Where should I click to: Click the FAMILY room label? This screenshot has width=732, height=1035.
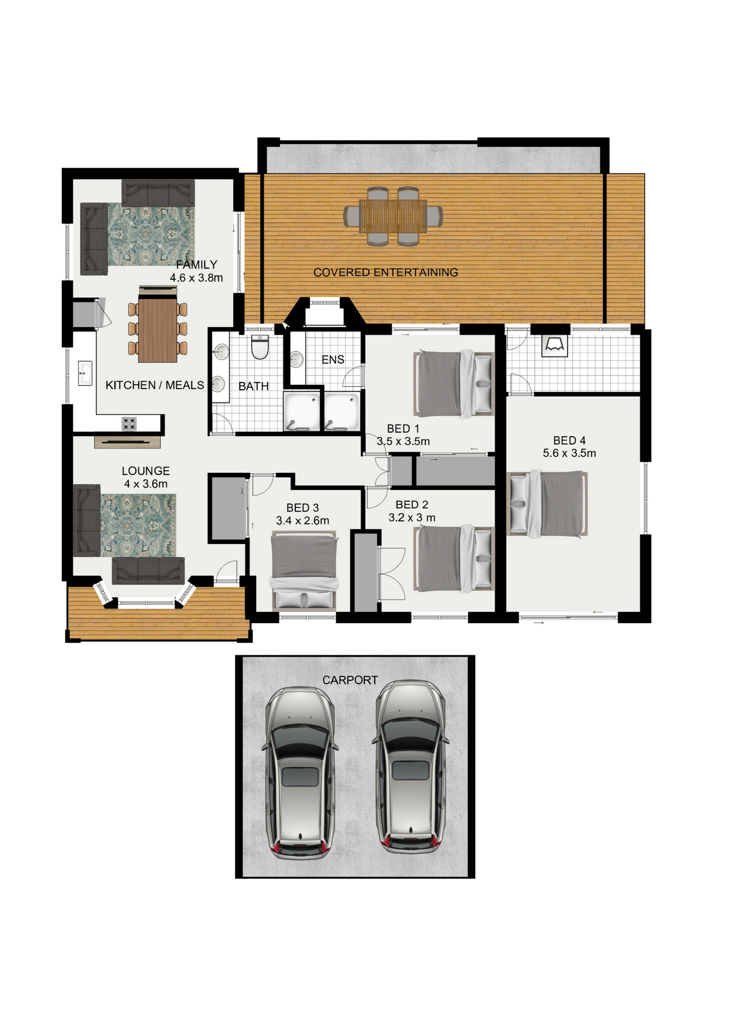tap(197, 265)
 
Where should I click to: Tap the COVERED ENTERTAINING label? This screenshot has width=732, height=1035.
tap(386, 272)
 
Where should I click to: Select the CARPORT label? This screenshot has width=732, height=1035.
tap(350, 680)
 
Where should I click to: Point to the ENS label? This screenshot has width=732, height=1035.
tap(333, 360)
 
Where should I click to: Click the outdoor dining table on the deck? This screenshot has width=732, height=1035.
tap(393, 216)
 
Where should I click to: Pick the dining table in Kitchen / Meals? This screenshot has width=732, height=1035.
tap(157, 329)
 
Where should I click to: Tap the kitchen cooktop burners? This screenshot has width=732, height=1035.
tap(129, 424)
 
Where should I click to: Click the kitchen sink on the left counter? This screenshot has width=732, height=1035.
tap(85, 373)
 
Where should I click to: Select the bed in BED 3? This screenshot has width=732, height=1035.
tap(304, 571)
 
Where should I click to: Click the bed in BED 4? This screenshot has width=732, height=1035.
tap(548, 504)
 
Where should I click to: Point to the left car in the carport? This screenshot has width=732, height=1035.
tap(300, 772)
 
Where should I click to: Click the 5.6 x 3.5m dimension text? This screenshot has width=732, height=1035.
tap(569, 453)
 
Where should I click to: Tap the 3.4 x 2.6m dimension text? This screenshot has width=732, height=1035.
tap(302, 521)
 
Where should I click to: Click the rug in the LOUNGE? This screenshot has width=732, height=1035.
tap(138, 526)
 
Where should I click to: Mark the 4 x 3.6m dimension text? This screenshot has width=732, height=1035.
tap(146, 484)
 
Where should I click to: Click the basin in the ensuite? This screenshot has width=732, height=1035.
tap(296, 360)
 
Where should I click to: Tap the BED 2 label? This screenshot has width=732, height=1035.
tap(412, 505)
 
